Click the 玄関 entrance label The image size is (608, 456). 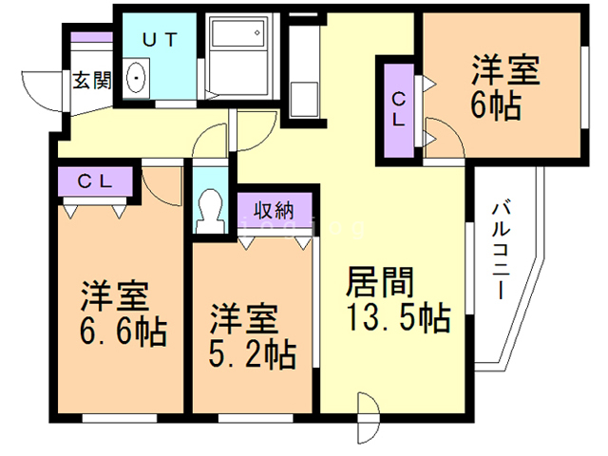click(x=92, y=81)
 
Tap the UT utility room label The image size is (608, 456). click(x=160, y=40)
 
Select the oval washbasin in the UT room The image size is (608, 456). click(x=136, y=78)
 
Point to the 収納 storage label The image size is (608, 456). click(x=275, y=211)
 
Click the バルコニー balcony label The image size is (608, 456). click(x=501, y=251)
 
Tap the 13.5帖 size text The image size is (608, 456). click(x=399, y=317)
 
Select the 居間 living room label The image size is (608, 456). click(x=380, y=282)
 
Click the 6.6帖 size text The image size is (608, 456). click(x=123, y=332)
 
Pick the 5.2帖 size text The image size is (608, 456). click(x=253, y=353)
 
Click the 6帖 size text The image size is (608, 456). click(x=496, y=105)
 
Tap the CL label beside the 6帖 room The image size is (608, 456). click(x=398, y=109)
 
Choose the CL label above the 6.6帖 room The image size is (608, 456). click(x=95, y=181)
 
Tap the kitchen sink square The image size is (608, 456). click(x=304, y=99)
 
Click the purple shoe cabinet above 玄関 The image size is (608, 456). click(x=92, y=37)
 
